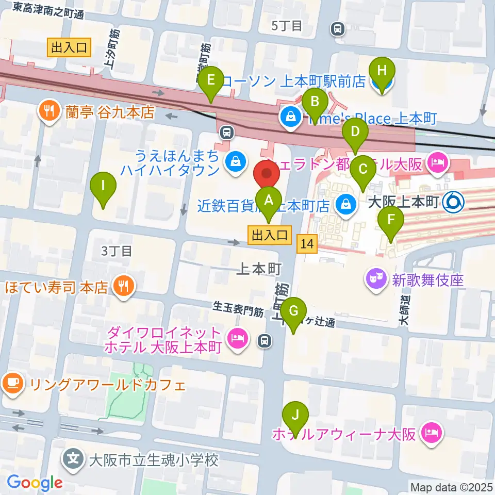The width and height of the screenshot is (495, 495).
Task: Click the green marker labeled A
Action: pos(268,200)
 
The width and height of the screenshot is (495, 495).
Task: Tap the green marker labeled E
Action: pos(210,81)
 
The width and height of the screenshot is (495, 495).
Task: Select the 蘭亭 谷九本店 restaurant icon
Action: pos(49,112)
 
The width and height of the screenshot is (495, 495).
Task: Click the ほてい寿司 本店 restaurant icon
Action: pos(124,286)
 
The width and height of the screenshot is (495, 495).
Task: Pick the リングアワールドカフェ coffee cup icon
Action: pos(12,384)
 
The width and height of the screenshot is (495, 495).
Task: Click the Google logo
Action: pos(35,483)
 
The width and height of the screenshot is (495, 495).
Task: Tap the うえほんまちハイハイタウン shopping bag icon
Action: pos(235,162)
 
